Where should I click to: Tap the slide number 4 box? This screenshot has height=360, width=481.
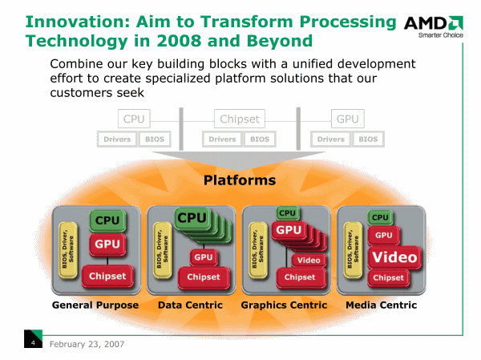click(x=32, y=343)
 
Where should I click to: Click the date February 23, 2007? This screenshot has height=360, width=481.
click(x=87, y=343)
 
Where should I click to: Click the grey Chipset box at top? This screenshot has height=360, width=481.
click(x=240, y=119)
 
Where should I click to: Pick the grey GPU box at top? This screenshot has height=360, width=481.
click(x=347, y=119)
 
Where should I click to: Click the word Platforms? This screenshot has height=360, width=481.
click(x=240, y=180)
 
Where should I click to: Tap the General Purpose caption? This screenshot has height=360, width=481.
click(x=95, y=305)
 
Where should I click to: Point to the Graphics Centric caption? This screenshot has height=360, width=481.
click(x=284, y=305)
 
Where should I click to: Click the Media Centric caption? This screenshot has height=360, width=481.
click(x=381, y=305)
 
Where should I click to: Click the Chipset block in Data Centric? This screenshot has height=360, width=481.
click(x=204, y=277)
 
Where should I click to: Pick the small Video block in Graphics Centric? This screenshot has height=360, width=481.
click(x=309, y=260)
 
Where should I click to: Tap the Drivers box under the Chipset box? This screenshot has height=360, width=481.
click(x=222, y=140)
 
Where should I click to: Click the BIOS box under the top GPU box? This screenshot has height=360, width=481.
click(x=368, y=140)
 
